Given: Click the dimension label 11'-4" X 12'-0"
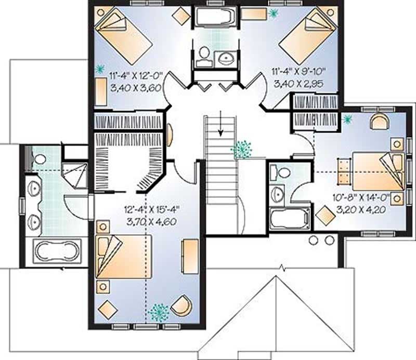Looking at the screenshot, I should pyautogui.click(x=136, y=75).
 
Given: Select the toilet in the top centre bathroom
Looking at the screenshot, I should pyautogui.click(x=204, y=55).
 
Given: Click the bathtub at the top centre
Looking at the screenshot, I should pyautogui.click(x=214, y=19).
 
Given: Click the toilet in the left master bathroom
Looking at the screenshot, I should pyautogui.click(x=37, y=158).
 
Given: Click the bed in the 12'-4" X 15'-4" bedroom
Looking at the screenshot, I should pyautogui.click(x=124, y=257).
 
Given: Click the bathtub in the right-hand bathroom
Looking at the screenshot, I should pyautogui.click(x=289, y=219).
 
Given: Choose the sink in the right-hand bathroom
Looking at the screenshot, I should pyautogui.click(x=277, y=194).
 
